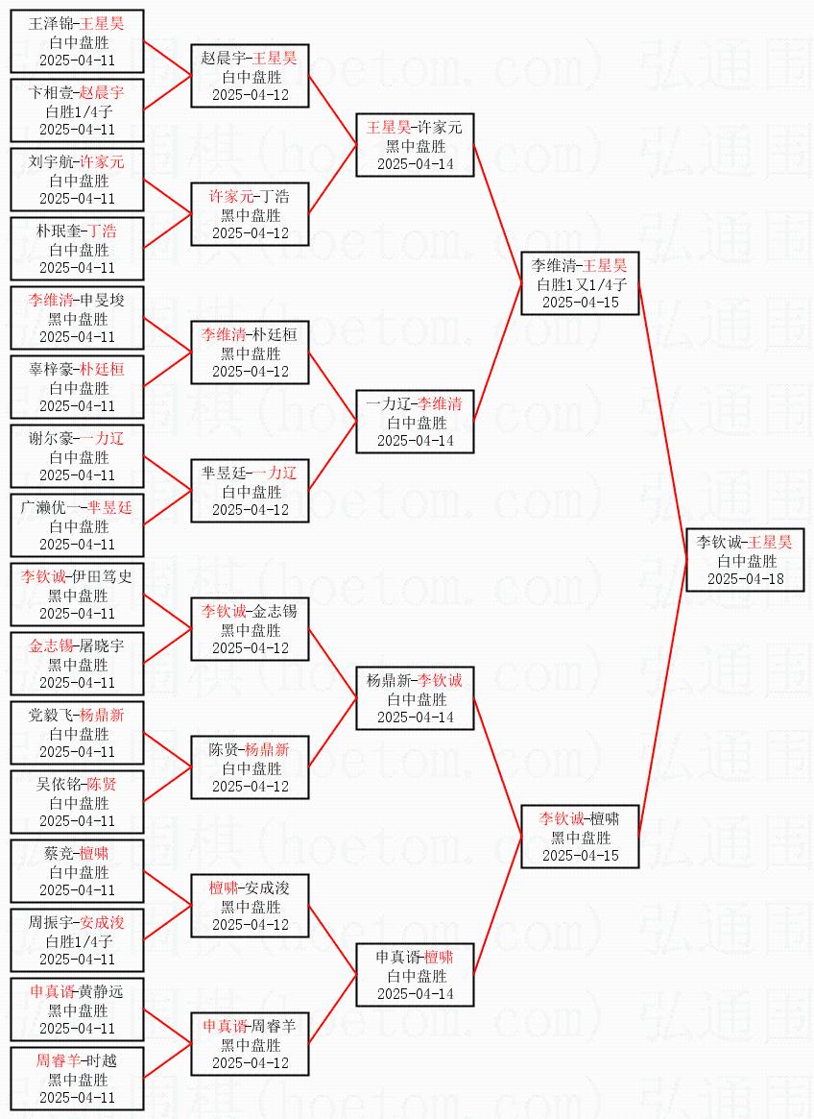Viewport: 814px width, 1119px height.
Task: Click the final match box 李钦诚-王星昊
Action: (x=745, y=560)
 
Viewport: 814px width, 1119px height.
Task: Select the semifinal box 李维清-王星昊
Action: (x=580, y=283)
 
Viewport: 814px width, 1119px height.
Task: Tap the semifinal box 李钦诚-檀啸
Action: (x=580, y=837)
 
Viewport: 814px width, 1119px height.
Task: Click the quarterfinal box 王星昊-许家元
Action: (x=415, y=145)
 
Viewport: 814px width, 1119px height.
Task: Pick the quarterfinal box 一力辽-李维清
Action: (x=415, y=422)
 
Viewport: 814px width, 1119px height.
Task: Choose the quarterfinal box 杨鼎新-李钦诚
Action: (x=415, y=698)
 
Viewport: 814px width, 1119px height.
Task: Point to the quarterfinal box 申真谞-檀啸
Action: (x=415, y=975)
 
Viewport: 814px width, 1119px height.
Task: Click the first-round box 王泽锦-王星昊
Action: (x=77, y=41)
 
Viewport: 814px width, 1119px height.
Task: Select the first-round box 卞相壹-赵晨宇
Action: (x=77, y=110)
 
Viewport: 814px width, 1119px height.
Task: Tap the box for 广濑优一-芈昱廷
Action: (x=77, y=525)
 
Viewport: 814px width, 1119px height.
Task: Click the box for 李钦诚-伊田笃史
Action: (x=77, y=595)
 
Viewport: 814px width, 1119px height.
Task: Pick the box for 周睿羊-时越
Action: (x=77, y=1079)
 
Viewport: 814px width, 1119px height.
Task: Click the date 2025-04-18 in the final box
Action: (x=745, y=578)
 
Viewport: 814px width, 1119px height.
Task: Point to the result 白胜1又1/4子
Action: (x=580, y=284)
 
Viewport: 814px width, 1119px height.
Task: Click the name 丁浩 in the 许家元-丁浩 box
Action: (x=275, y=197)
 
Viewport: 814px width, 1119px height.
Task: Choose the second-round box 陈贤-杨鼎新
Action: (x=250, y=767)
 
